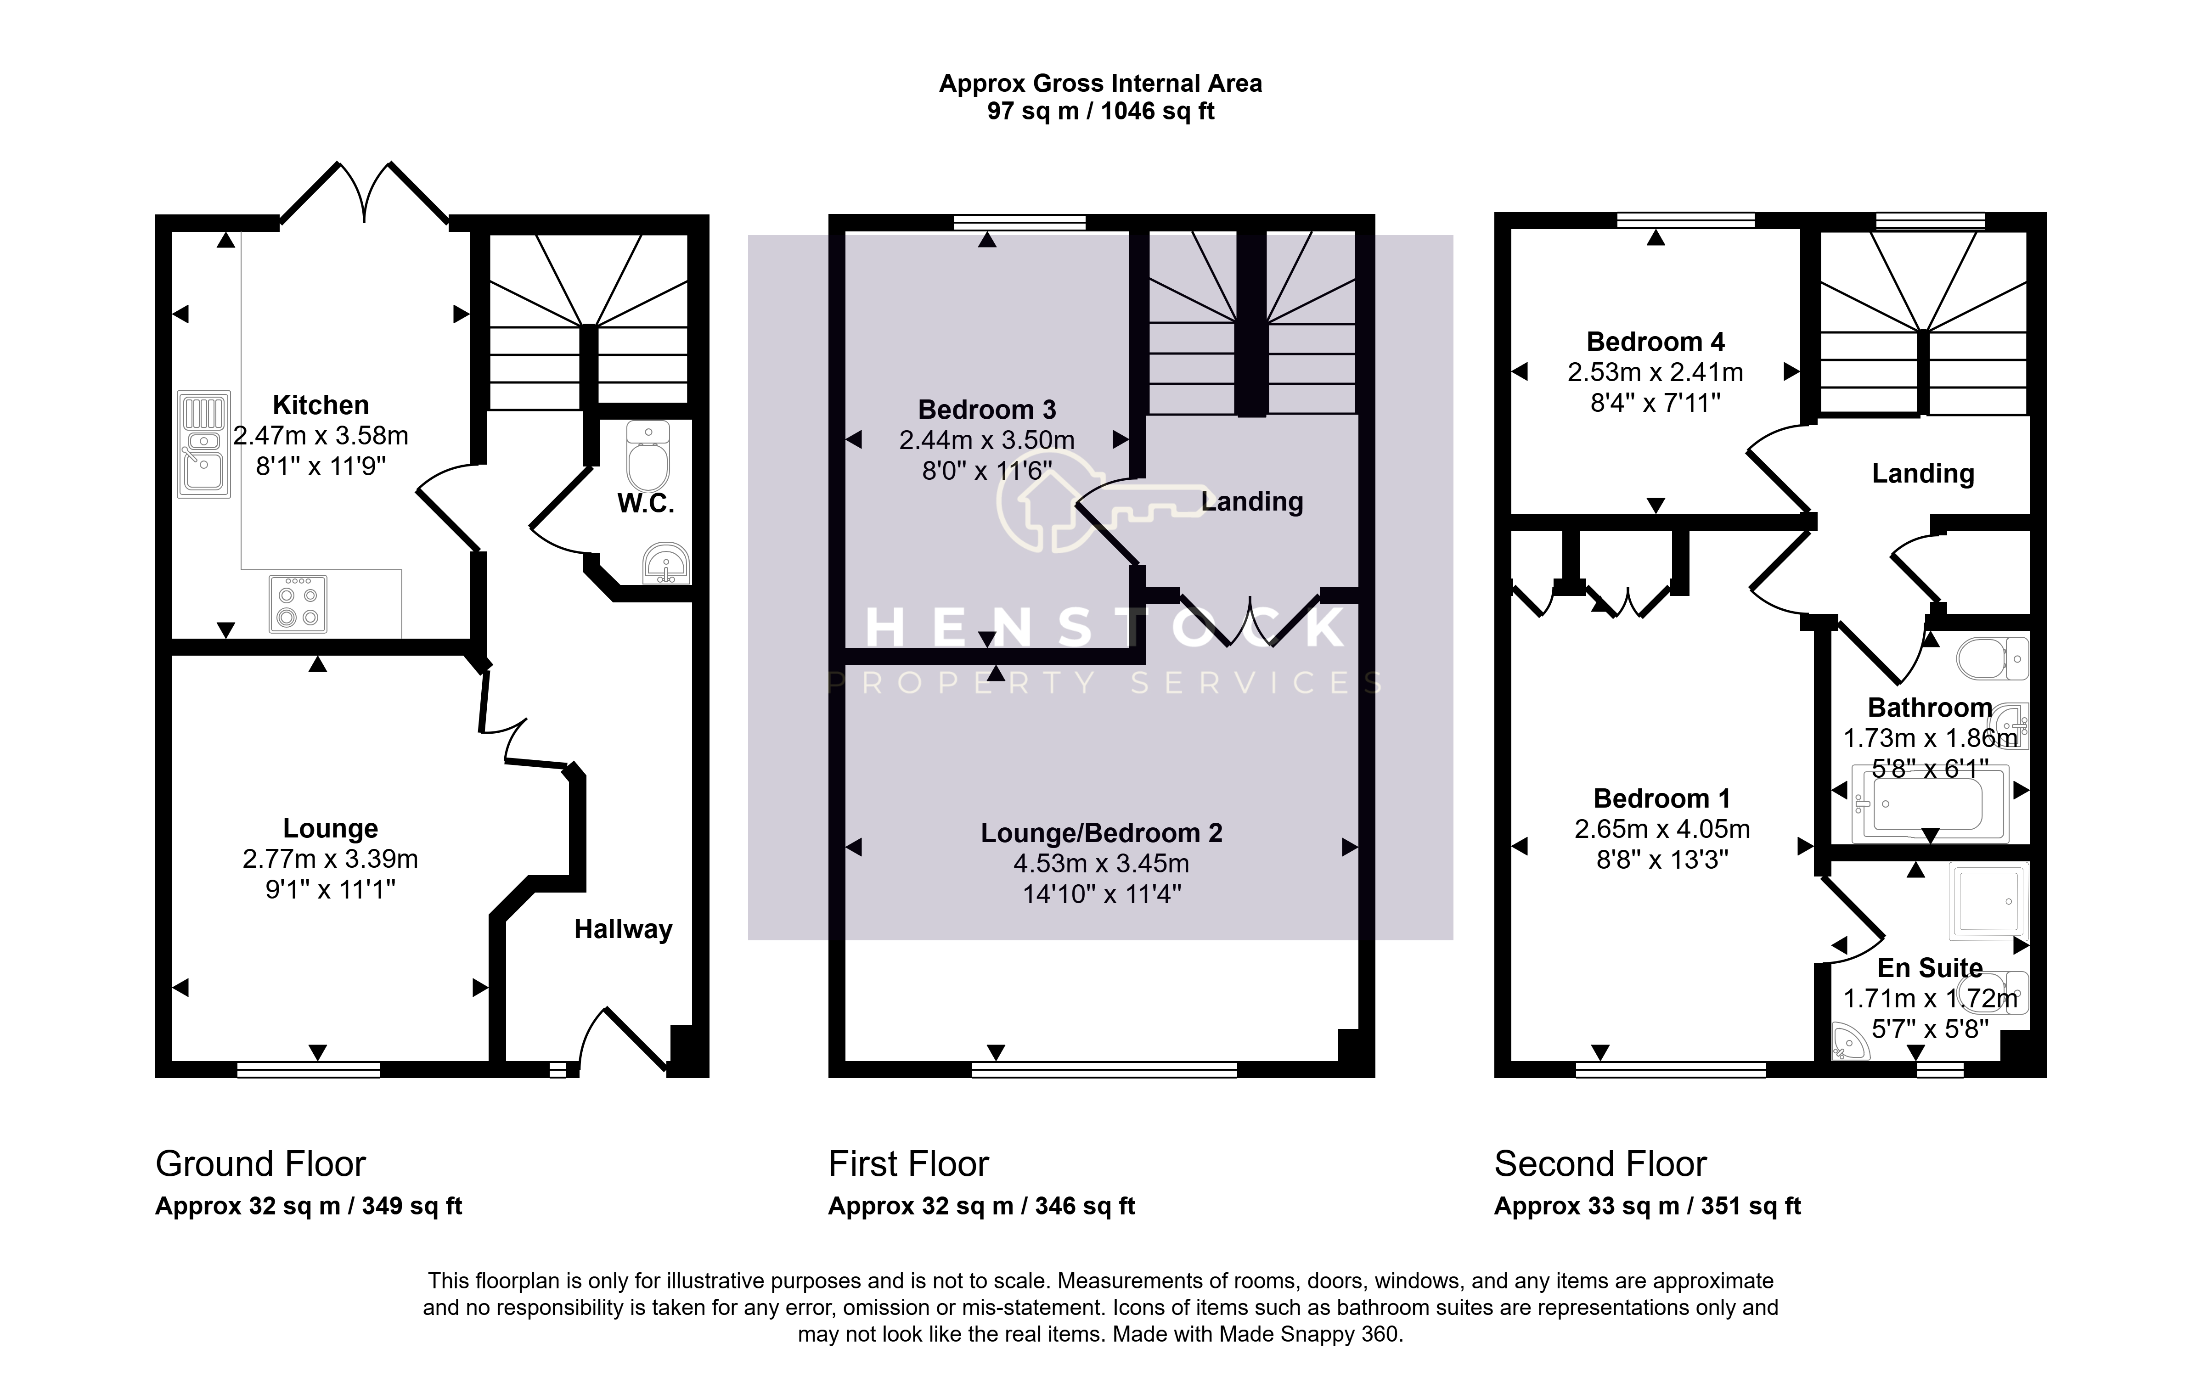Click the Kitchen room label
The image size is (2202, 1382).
point(321,405)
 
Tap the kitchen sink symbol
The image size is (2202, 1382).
point(203,444)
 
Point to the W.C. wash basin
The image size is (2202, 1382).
point(667,563)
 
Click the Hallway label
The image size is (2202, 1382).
point(623,930)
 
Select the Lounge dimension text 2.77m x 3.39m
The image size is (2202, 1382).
point(330,859)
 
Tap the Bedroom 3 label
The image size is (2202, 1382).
point(987,410)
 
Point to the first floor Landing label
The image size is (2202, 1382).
point(1252,502)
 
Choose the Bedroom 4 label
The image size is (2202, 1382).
point(1656,342)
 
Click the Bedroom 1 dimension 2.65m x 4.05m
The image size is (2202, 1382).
point(1662,829)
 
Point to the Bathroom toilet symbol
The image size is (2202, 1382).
point(1993,658)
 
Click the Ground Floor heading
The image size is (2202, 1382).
point(260,1164)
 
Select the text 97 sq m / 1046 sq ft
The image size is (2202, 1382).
point(1101,112)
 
